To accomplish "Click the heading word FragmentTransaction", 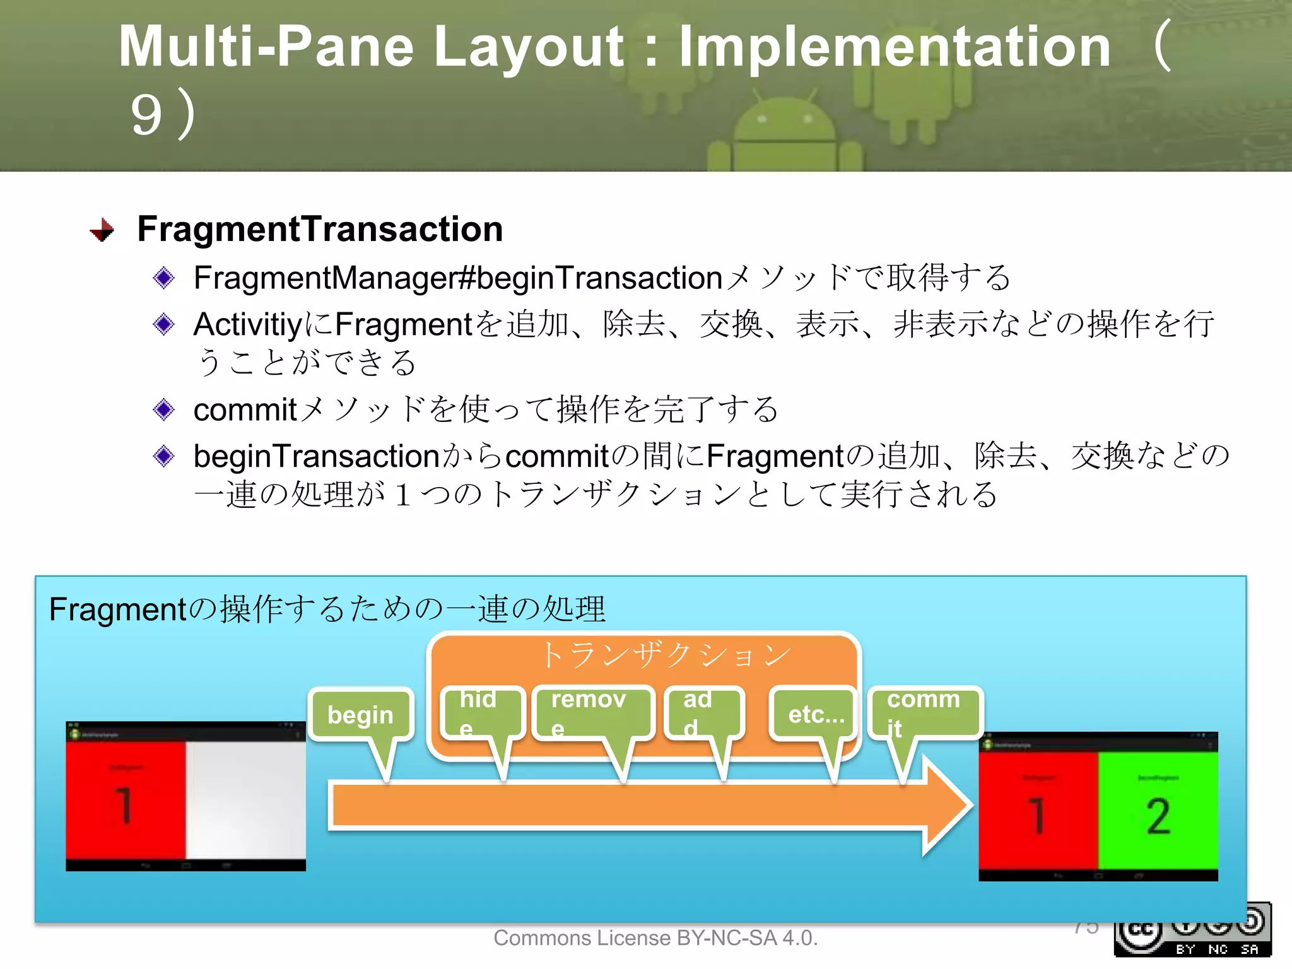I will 320,229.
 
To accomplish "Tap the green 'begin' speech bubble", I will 361,715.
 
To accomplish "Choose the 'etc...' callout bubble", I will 814,715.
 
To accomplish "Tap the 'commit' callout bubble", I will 925,713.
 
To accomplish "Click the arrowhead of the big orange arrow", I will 946,806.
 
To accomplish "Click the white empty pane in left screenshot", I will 245,798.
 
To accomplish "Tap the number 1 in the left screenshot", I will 125,806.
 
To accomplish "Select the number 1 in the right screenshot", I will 1038,815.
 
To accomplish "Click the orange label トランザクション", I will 666,655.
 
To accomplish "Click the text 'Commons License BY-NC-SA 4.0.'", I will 655,938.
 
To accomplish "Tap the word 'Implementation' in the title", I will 894,47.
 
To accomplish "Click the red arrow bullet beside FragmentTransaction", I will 102,230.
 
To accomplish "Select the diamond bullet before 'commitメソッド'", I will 164,410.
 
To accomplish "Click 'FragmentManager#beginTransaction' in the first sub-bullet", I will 457,278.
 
